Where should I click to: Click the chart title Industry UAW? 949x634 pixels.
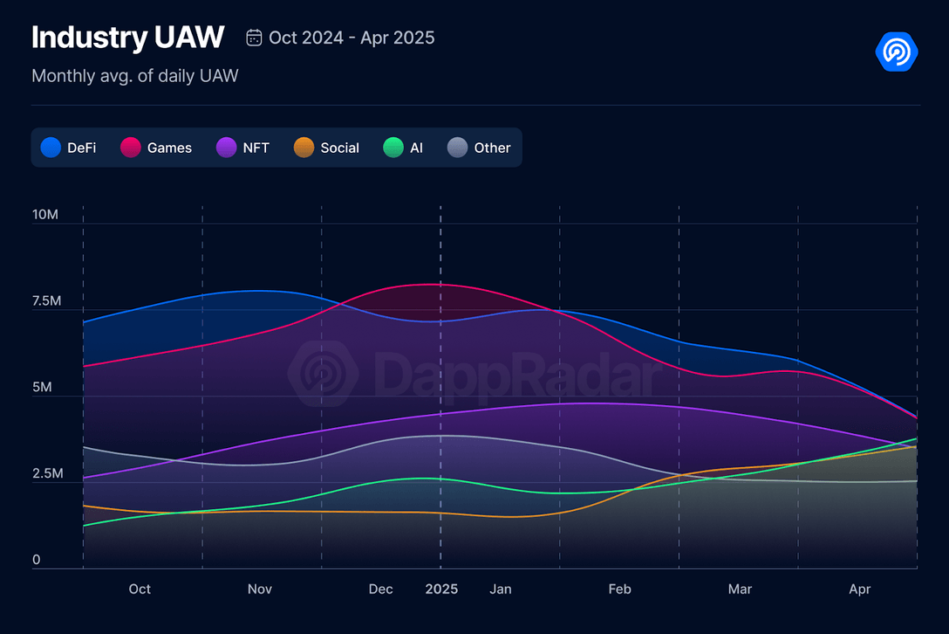tap(127, 38)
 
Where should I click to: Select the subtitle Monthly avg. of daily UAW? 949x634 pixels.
tap(134, 76)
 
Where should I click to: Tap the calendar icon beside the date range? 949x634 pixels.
tap(255, 38)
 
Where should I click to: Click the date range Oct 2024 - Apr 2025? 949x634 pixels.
tap(352, 38)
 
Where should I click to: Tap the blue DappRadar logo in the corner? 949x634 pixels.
tap(897, 52)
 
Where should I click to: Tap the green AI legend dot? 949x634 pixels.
tap(394, 148)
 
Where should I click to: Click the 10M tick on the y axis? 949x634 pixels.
tap(44, 215)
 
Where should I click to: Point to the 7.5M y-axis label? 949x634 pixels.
tap(46, 301)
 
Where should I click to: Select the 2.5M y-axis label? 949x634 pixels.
tap(46, 474)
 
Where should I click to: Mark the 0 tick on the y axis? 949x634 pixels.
tap(36, 560)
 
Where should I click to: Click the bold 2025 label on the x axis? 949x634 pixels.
tap(441, 589)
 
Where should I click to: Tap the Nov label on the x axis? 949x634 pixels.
tap(260, 589)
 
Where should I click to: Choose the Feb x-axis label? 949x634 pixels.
tap(619, 589)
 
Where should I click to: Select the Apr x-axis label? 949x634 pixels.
tap(860, 589)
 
